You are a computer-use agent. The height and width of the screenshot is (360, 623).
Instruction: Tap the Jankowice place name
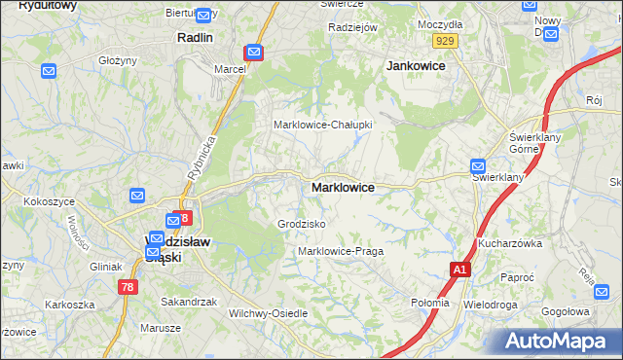coord(416,65)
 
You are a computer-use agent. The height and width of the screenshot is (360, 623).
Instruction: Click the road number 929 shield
coord(446,40)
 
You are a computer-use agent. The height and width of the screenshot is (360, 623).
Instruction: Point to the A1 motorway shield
coord(459,270)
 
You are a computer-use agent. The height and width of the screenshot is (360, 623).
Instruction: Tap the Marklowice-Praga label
coord(341,251)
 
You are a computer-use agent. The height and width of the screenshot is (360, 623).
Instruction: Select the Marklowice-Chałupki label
coord(322,125)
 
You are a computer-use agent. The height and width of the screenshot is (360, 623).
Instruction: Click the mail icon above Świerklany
coord(478,166)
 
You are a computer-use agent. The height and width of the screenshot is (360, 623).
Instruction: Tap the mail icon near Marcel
coord(253,52)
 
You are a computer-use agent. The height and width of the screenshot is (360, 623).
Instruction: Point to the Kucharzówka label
coord(508,243)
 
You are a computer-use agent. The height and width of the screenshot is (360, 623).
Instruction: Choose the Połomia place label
coord(430,303)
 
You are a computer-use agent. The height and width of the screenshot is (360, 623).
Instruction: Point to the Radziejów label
coord(352,27)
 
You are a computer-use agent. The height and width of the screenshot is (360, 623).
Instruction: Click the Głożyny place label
coord(117,59)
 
